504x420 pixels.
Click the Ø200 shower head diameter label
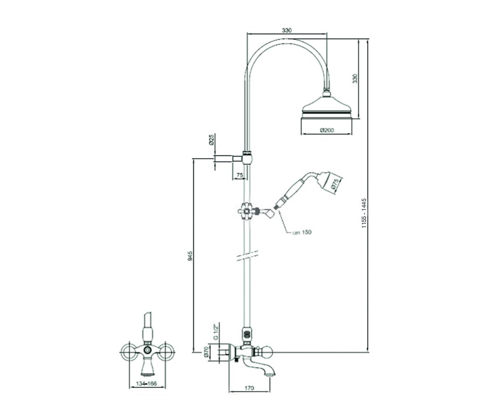click(x=327, y=130)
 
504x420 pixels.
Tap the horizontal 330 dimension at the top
click(x=287, y=30)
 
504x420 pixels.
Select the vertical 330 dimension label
click(x=355, y=79)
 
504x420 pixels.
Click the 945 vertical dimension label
click(x=190, y=256)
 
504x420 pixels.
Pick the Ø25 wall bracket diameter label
click(x=211, y=140)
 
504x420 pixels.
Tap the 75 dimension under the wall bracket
click(x=240, y=176)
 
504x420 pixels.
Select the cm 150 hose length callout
click(x=302, y=232)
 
